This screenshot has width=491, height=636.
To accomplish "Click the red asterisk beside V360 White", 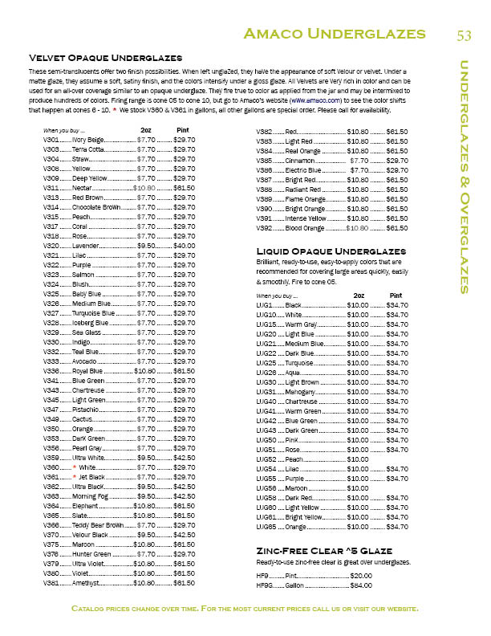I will (x=75, y=467).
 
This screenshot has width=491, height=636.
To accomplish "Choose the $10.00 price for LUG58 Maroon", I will (x=357, y=487).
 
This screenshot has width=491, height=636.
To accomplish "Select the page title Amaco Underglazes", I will (x=335, y=34).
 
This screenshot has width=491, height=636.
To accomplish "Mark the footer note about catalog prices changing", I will (x=245, y=609).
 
